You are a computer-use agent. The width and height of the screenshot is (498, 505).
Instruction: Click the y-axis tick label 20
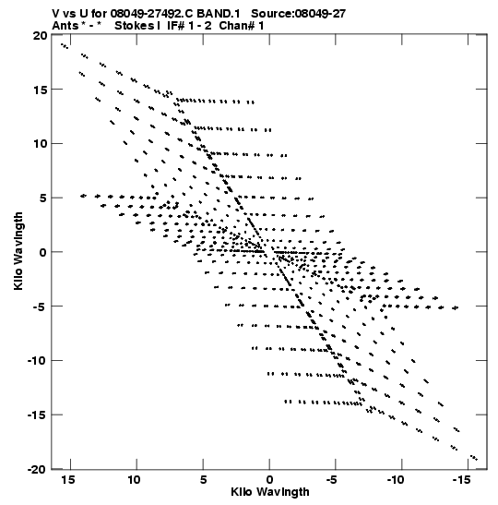tap(41, 35)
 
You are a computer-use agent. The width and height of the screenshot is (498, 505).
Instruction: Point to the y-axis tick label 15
tap(41, 90)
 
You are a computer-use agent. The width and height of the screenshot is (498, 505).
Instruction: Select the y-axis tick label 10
tap(41, 144)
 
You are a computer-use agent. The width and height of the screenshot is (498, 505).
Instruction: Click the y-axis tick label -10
tap(37, 360)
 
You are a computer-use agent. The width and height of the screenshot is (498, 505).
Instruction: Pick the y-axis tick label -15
tap(37, 415)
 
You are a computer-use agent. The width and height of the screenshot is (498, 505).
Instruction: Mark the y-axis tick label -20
tap(37, 469)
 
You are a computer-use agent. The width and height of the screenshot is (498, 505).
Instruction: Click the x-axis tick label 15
tap(67, 480)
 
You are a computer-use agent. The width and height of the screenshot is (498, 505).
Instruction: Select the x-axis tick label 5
tap(203, 480)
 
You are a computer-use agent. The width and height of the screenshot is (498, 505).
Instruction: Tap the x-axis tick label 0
tap(269, 480)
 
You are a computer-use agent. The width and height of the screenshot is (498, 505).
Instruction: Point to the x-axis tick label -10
tap(396, 480)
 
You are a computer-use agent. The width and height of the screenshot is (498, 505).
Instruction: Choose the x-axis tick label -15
tap(462, 480)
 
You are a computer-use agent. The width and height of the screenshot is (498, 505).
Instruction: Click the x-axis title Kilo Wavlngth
tap(270, 492)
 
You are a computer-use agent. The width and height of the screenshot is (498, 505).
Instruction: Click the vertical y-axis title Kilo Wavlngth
tap(18, 251)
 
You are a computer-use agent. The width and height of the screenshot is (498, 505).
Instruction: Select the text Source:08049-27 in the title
tap(298, 14)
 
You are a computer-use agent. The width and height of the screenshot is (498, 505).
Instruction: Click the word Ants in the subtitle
tap(65, 26)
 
